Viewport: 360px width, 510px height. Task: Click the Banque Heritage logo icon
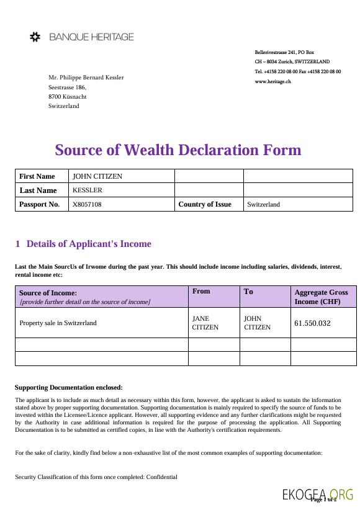tap(36, 37)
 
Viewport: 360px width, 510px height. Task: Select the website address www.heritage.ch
tap(272, 82)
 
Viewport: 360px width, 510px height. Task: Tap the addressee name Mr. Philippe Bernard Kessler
tap(86, 78)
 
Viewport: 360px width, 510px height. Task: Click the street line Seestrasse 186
tap(67, 87)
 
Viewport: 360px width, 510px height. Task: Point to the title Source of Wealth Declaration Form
tap(178, 150)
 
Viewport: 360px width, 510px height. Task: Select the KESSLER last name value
tap(88, 190)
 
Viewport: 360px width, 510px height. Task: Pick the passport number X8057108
tap(88, 204)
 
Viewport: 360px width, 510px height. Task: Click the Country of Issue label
tap(205, 204)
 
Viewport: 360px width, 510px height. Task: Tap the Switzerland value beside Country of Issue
tap(264, 204)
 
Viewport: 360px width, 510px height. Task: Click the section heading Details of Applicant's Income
tap(89, 244)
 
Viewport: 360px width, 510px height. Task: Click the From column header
tap(202, 291)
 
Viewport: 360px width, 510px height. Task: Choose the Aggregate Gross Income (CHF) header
tap(322, 297)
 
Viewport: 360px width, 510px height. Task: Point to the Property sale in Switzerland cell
tap(58, 323)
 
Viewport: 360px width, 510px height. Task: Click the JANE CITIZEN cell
tap(205, 323)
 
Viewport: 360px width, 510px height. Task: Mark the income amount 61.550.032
tap(312, 323)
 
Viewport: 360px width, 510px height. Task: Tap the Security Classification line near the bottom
tap(96, 477)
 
